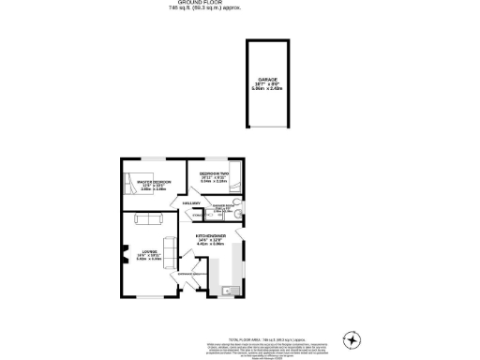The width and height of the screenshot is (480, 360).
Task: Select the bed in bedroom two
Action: [x=236, y=177]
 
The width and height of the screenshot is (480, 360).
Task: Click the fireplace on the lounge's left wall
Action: [x=124, y=251]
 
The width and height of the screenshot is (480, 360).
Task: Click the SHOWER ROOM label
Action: [x=222, y=204]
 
